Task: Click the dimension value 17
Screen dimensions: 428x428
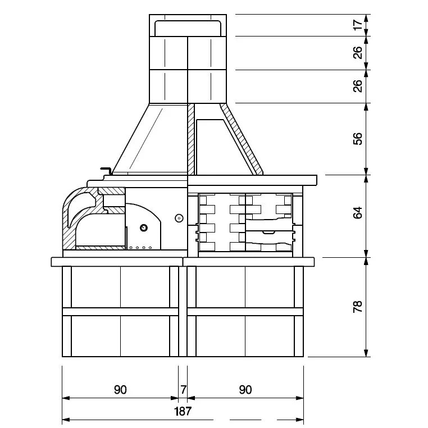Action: point(358,25)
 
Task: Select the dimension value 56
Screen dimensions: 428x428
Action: point(358,139)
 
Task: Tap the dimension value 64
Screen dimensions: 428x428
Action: point(358,213)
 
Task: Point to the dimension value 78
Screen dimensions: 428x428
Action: point(358,307)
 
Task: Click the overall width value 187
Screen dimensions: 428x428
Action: point(183,411)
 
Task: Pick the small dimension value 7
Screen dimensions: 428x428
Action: point(184,389)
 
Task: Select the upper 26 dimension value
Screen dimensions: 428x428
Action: point(358,53)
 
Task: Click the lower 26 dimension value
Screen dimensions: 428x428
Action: point(358,86)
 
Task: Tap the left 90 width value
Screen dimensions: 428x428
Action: point(120,390)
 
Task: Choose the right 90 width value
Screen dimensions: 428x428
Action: point(245,390)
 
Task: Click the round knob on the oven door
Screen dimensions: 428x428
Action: point(144,227)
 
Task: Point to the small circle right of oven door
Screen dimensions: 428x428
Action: point(179,218)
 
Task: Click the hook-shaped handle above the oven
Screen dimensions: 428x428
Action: point(107,170)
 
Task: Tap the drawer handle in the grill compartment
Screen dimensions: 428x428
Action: point(269,233)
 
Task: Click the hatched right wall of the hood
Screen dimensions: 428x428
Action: point(242,138)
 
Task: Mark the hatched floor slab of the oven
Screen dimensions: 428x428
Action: point(100,248)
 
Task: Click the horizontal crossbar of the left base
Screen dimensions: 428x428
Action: point(120,312)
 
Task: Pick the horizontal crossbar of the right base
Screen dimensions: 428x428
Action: point(245,312)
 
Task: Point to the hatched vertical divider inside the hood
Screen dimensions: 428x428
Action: point(191,139)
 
